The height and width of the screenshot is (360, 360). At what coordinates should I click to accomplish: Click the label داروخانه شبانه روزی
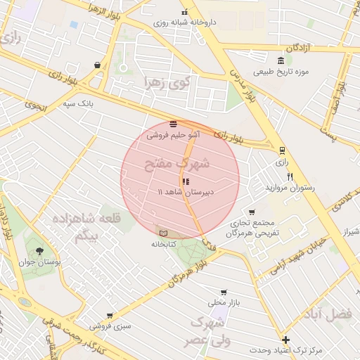click(186, 22)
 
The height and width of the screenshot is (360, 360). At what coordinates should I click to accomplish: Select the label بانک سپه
click(79, 103)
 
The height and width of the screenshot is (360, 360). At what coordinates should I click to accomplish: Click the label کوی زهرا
click(166, 83)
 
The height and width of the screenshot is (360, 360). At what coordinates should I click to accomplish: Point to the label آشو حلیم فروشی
click(173, 134)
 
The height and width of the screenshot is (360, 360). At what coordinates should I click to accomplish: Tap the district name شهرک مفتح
click(177, 165)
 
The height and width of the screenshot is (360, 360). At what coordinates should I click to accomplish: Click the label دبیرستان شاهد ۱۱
click(186, 191)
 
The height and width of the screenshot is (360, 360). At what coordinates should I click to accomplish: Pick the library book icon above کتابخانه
click(164, 233)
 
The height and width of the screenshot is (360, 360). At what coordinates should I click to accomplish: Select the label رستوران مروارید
click(290, 188)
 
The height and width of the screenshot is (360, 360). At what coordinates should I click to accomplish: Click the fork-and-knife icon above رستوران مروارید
click(290, 176)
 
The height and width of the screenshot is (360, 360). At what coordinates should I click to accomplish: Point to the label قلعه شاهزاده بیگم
click(93, 227)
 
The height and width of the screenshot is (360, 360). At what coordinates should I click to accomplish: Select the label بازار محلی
click(224, 303)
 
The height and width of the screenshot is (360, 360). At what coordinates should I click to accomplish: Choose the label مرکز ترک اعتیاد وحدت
click(285, 349)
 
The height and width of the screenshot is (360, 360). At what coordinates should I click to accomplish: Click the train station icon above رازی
click(282, 150)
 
